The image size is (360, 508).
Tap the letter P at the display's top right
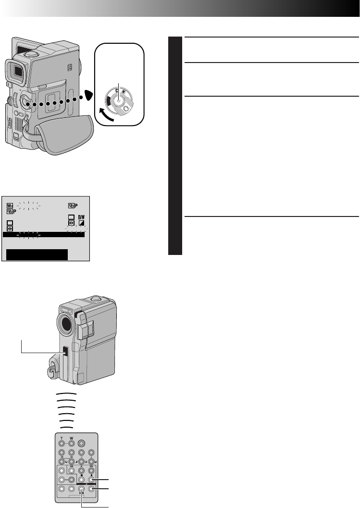[76, 204]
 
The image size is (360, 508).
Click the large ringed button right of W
[82, 444]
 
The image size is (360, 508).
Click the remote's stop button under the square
[81, 480]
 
